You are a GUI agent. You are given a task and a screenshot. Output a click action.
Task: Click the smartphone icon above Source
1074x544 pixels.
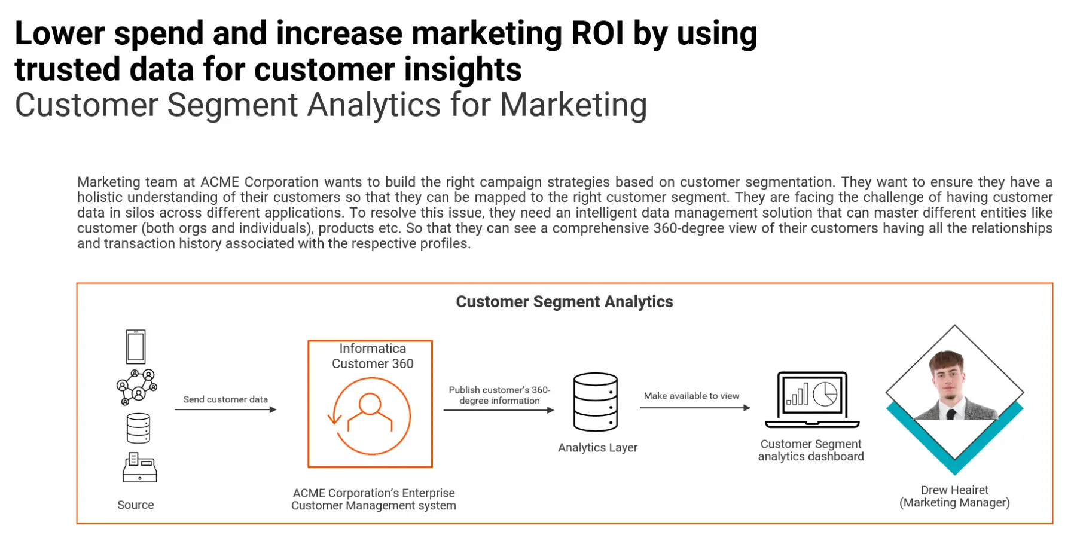tap(136, 347)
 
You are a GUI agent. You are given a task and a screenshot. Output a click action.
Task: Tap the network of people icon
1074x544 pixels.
tap(137, 387)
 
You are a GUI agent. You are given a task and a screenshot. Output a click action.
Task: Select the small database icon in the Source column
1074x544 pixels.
tap(138, 428)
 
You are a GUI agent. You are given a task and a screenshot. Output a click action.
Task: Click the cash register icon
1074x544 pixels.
tap(139, 467)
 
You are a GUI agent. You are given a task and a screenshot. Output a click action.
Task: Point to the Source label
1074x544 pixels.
tap(136, 505)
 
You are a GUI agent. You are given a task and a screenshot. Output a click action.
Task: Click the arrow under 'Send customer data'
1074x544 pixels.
tap(225, 409)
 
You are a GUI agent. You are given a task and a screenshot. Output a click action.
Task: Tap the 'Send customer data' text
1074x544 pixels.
tap(225, 399)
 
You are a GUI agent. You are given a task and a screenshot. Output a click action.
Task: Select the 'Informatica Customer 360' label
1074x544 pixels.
tap(373, 356)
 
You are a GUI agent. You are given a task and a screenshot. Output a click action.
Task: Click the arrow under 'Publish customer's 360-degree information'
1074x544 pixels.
tap(499, 410)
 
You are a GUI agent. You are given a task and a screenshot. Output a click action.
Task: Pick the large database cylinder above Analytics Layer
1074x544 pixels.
tap(596, 402)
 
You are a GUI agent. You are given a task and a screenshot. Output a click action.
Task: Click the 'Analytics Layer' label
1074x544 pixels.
tap(598, 448)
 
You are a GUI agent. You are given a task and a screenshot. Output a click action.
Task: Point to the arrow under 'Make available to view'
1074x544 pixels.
tap(695, 408)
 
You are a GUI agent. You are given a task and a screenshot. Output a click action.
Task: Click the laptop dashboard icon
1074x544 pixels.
tap(812, 399)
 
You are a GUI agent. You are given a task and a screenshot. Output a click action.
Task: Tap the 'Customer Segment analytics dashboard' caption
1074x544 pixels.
tap(811, 450)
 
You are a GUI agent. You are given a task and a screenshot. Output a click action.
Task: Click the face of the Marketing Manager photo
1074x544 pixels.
tap(948, 377)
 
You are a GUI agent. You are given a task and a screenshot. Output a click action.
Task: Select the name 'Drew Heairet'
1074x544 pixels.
tap(955, 490)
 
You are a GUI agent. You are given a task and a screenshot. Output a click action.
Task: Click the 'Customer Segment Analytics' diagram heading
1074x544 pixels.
tap(565, 302)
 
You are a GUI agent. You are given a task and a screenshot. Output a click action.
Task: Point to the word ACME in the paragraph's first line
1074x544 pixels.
tap(219, 182)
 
